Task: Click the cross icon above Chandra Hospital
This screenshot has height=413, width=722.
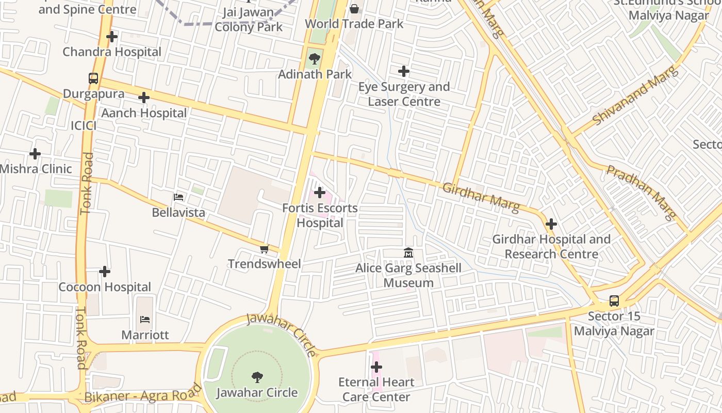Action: (x=112, y=37)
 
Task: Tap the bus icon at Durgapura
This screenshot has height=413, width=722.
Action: (x=93, y=78)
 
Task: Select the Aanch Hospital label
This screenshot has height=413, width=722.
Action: (x=144, y=113)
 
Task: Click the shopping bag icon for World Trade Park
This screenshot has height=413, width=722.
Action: (x=354, y=9)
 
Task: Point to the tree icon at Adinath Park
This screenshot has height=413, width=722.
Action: (x=314, y=59)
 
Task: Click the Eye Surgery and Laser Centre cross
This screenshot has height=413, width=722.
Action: (x=404, y=71)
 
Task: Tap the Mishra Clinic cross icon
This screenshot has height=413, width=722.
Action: (x=35, y=154)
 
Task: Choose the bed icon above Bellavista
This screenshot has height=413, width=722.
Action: (x=178, y=197)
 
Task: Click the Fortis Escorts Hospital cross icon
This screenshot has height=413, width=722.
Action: (x=320, y=193)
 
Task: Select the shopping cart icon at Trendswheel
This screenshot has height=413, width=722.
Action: (x=264, y=249)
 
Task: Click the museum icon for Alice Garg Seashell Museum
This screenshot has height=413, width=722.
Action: (x=408, y=253)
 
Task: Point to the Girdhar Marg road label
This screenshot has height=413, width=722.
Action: (x=481, y=197)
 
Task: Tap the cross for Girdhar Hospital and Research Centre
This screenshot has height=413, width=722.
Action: (x=551, y=224)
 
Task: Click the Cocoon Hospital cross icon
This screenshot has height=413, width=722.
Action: (x=105, y=272)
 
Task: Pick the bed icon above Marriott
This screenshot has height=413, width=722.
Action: (x=145, y=320)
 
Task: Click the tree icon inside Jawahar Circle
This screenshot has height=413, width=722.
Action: (x=257, y=377)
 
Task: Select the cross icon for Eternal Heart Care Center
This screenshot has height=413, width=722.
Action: (x=376, y=367)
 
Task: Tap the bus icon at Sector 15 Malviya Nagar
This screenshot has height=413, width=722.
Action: (x=614, y=301)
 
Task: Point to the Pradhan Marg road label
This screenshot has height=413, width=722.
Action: (x=641, y=192)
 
